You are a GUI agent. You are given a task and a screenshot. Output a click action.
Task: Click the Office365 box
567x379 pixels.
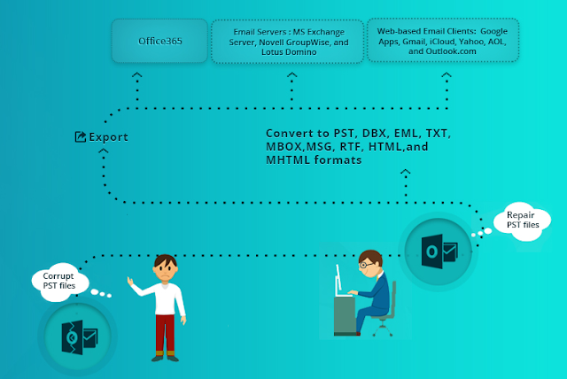pyautogui.click(x=159, y=41)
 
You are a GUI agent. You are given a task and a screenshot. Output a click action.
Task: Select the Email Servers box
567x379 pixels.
pyautogui.click(x=287, y=42)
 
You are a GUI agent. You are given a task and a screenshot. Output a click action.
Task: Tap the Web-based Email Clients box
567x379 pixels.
pyautogui.click(x=442, y=41)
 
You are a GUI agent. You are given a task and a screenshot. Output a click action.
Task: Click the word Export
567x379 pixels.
pyautogui.click(x=108, y=137)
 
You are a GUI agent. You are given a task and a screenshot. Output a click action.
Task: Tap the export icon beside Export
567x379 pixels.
pyautogui.click(x=80, y=137)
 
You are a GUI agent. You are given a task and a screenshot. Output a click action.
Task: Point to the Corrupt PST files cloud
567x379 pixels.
pyautogui.click(x=59, y=281)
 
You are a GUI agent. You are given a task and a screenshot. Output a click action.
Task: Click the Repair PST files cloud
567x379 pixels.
pyautogui.click(x=522, y=219)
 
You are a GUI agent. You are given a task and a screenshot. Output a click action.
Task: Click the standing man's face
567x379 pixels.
pyautogui.click(x=165, y=269)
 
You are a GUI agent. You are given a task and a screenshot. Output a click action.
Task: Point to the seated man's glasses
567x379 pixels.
pyautogui.click(x=371, y=264)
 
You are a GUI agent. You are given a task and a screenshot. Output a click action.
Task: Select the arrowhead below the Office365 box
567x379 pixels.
pyautogui.click(x=136, y=79)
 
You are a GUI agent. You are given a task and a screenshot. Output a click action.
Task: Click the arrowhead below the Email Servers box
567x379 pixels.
pyautogui.click(x=291, y=79)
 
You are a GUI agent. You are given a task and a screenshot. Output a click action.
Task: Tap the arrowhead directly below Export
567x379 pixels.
pyautogui.click(x=104, y=153)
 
